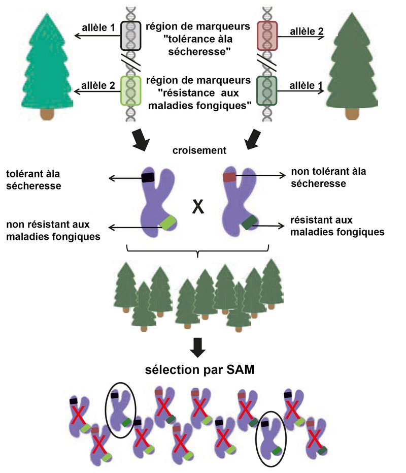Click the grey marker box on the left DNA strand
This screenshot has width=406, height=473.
point(130,36)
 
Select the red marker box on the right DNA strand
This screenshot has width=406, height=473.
point(267,36)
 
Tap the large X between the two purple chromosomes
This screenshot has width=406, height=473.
point(198,207)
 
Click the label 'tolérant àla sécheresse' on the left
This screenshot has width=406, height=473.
point(34,179)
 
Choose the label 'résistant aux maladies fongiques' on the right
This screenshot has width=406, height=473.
point(337,227)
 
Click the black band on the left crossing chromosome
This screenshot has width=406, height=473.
point(148,177)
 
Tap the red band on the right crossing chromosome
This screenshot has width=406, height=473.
point(229,177)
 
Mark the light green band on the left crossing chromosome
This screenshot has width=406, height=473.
point(167,222)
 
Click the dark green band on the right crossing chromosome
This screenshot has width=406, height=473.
point(249,222)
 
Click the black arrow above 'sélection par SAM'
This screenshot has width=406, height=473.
point(200,347)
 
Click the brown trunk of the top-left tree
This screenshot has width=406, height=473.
point(47,114)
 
